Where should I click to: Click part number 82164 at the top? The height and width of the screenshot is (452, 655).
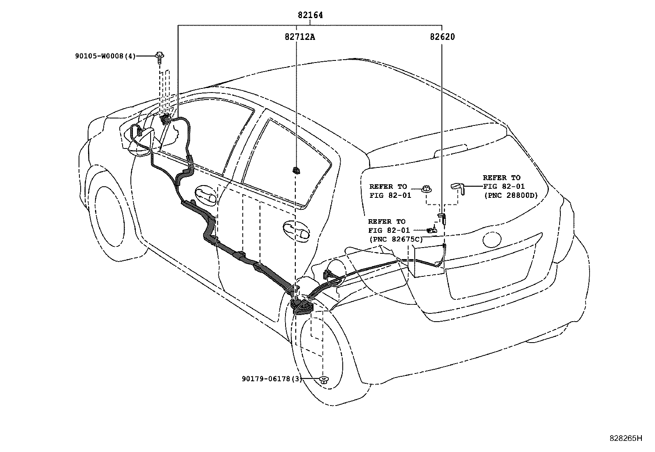click(x=310, y=15)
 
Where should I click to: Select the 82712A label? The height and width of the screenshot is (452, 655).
click(x=300, y=37)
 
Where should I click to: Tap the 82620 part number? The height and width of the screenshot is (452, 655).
click(x=442, y=37)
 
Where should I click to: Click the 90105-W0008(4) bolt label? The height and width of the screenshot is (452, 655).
click(x=105, y=56)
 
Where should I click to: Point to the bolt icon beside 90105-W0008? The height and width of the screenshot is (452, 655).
click(x=159, y=56)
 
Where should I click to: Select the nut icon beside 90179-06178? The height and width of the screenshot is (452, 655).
click(x=324, y=380)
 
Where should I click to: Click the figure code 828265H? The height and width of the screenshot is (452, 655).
click(x=625, y=438)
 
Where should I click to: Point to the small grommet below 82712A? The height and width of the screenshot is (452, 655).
click(x=296, y=170)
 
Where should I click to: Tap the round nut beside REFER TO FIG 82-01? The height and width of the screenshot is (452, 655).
click(x=427, y=190)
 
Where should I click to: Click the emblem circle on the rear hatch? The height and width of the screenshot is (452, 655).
click(x=491, y=240)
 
